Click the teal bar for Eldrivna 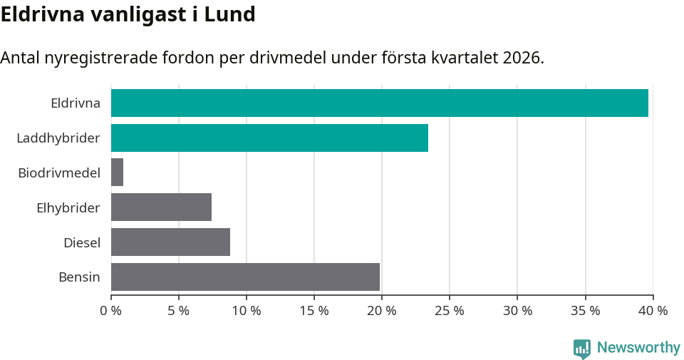[x=379, y=103]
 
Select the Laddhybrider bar [x=269, y=138]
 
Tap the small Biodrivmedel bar [x=117, y=173]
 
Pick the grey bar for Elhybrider [x=161, y=207]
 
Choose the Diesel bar [x=170, y=242]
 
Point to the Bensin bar [x=245, y=277]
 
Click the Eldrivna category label [x=75, y=103]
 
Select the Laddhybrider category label [x=58, y=138]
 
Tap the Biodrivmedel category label [x=59, y=173]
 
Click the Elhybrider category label [x=68, y=207]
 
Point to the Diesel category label [x=81, y=242]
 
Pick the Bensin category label [x=79, y=277]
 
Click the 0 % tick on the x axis [x=110, y=311]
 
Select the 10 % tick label [x=246, y=311]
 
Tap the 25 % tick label [x=449, y=311]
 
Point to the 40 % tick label [x=653, y=311]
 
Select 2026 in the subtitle [x=522, y=58]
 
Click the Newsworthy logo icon [x=582, y=348]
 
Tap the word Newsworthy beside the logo [x=638, y=348]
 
